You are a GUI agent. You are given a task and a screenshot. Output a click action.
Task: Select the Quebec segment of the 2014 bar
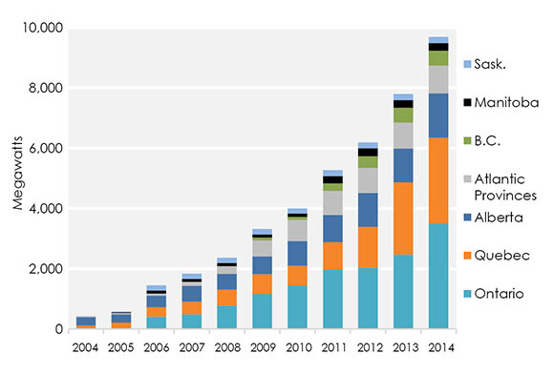pyautogui.click(x=437, y=180)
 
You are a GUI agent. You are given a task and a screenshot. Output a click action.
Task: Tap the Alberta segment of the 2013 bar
pyautogui.click(x=404, y=165)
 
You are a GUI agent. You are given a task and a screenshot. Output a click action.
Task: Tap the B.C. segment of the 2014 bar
pyautogui.click(x=437, y=58)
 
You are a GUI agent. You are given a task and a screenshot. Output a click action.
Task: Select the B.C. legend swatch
pyautogui.click(x=468, y=140)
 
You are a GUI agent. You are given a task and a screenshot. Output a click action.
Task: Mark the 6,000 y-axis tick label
pyautogui.click(x=44, y=149)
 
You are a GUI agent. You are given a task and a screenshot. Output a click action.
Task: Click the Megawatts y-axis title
pyautogui.click(x=16, y=181)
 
